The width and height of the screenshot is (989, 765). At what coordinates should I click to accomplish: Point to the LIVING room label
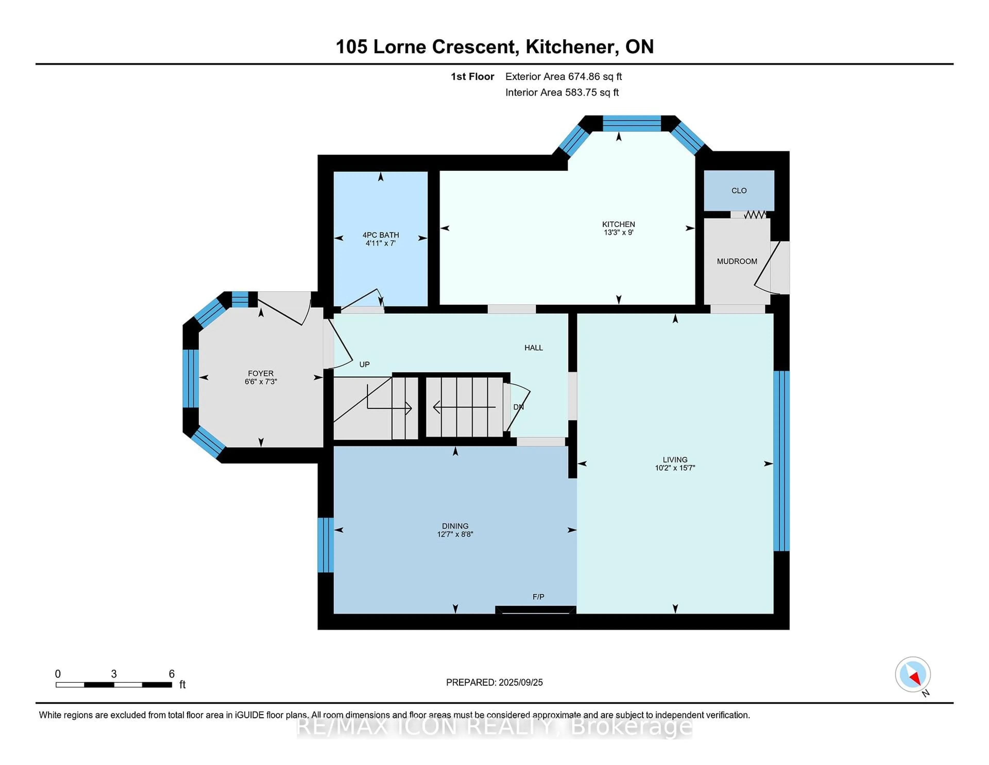675,460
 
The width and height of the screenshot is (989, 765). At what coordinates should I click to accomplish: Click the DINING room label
455,526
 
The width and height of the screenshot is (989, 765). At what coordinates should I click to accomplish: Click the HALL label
533,348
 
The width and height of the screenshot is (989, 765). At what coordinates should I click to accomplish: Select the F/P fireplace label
539,597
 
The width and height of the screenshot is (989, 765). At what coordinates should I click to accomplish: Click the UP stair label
364,364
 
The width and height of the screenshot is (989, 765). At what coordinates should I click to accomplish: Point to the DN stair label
518,407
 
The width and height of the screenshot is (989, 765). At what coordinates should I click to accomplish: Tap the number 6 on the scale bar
172,674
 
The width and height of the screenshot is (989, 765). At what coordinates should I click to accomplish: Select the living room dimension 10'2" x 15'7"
675,468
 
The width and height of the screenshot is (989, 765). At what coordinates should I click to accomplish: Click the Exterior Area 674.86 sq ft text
564,77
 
